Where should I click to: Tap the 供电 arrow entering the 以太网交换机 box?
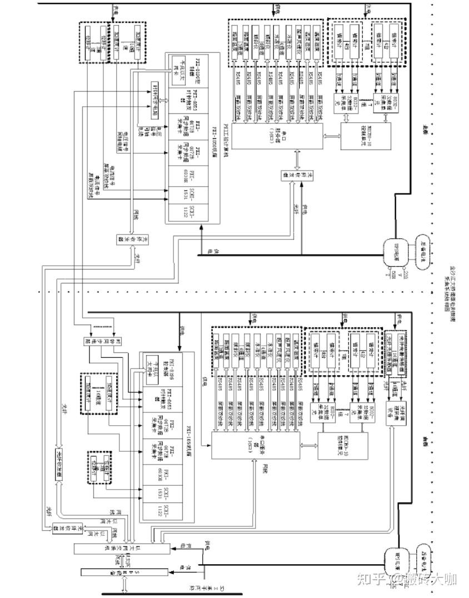[x=183, y=547]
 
